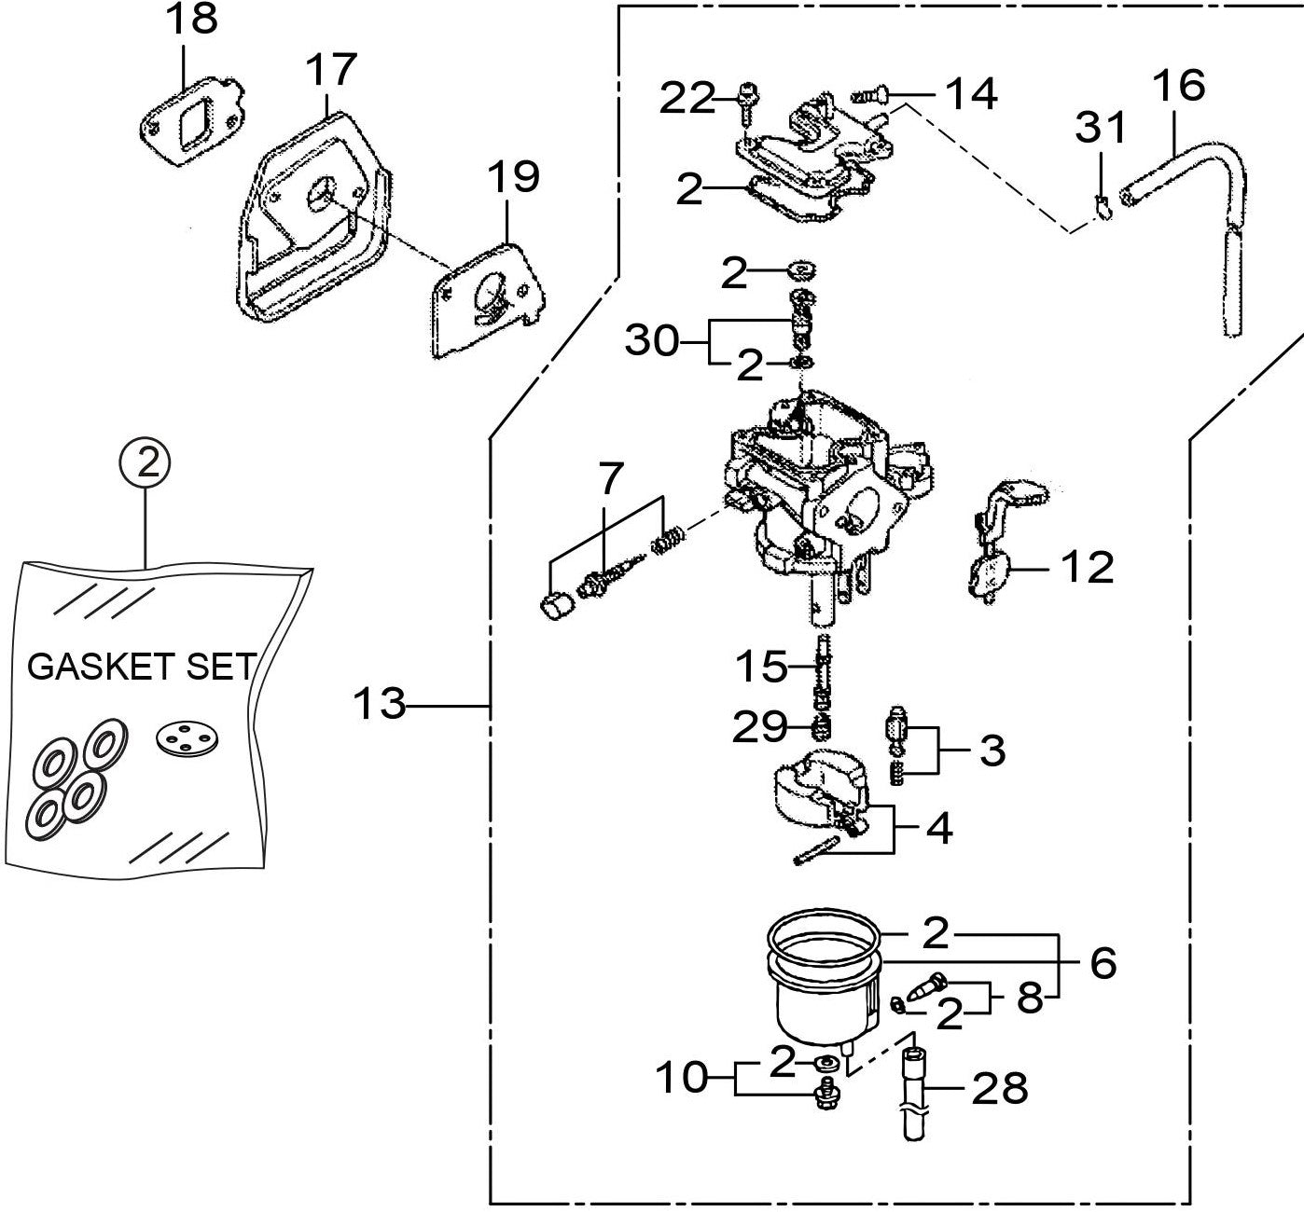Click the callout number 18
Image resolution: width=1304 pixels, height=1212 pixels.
pyautogui.click(x=192, y=20)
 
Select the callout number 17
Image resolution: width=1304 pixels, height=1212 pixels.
pyautogui.click(x=331, y=69)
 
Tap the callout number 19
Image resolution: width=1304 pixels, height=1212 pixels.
pyautogui.click(x=512, y=175)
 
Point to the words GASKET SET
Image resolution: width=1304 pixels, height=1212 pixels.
pyautogui.click(x=142, y=668)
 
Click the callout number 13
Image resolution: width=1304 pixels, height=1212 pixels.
pyautogui.click(x=381, y=704)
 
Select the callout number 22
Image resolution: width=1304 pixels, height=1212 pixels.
pyautogui.click(x=687, y=98)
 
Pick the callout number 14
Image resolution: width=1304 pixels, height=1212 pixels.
pyautogui.click(x=971, y=93)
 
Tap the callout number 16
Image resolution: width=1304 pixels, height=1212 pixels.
pyautogui.click(x=1178, y=85)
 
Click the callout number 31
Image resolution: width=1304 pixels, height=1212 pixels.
pyautogui.click(x=1102, y=127)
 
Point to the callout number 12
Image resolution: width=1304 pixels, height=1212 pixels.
pyautogui.click(x=1087, y=567)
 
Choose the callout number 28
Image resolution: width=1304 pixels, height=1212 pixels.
pyautogui.click(x=1000, y=1087)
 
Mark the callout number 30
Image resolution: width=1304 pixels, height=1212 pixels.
pyautogui.click(x=652, y=341)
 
